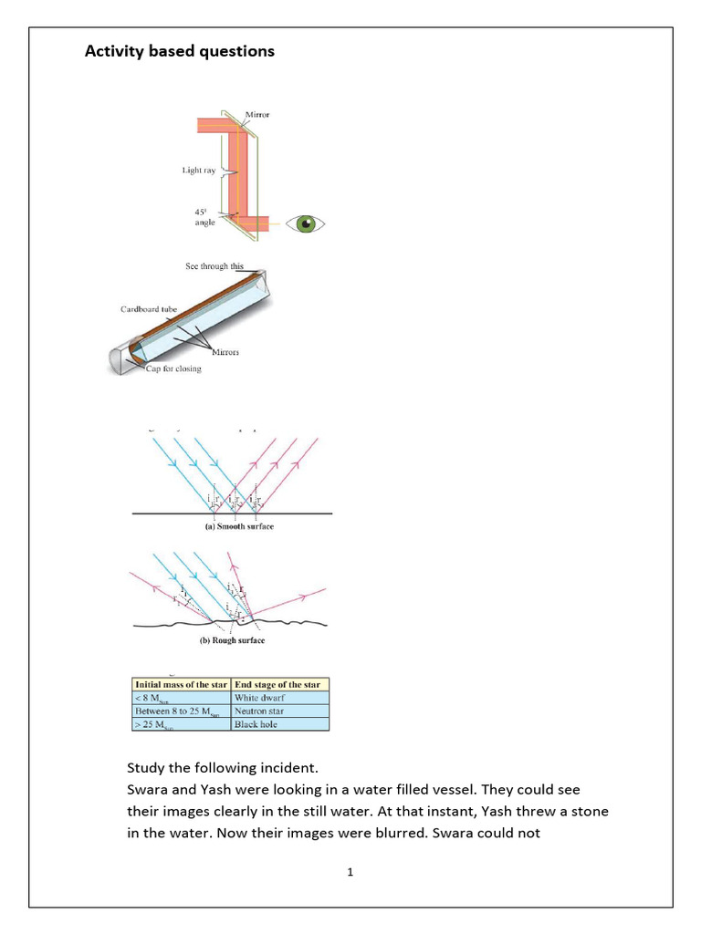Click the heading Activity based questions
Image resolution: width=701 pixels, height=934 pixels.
(179, 51)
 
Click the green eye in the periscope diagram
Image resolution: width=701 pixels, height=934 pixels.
(306, 223)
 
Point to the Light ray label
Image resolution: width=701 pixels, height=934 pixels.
(198, 170)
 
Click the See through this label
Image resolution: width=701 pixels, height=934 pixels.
(214, 266)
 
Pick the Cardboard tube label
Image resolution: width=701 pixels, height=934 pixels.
(149, 309)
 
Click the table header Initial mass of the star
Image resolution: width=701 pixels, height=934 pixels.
(181, 683)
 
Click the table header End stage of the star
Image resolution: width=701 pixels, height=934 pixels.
(279, 683)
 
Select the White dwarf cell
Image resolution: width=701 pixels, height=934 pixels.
(260, 697)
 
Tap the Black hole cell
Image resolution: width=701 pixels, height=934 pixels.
(257, 724)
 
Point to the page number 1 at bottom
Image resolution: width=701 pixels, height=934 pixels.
(350, 872)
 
